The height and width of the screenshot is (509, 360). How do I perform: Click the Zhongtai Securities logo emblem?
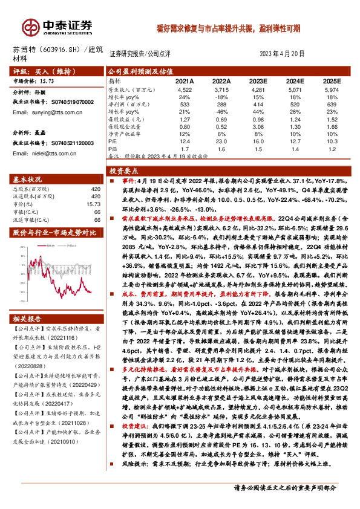pos(28,27)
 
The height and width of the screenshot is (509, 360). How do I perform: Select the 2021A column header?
pos(184,80)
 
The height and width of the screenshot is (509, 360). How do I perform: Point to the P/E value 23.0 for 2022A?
pos(221,140)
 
